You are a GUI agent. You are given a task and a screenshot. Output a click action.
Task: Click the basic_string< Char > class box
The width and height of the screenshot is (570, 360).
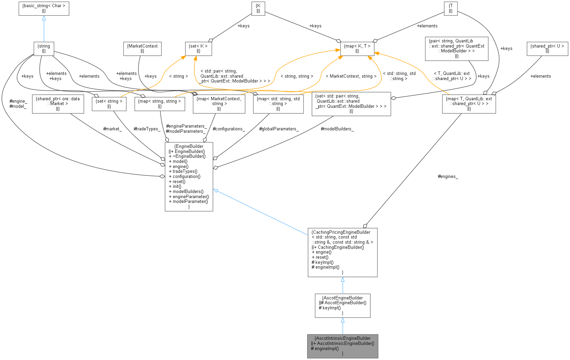pos(44,8)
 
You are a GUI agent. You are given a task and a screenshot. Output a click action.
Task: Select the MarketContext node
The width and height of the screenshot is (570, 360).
pos(142,49)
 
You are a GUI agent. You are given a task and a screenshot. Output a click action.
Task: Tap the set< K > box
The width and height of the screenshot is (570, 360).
pos(198,49)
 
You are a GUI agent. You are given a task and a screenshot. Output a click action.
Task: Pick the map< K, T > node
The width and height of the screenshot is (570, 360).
pos(357,49)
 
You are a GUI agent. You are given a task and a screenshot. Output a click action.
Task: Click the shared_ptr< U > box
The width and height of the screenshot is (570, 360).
pos(547,49)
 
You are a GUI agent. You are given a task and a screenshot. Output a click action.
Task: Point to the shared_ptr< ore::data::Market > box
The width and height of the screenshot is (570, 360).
pos(58,104)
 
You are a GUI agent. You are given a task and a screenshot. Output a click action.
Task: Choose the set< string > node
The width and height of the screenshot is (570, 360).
pos(109,104)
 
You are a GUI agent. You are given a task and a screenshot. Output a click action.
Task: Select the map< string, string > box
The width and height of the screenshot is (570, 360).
pos(159,104)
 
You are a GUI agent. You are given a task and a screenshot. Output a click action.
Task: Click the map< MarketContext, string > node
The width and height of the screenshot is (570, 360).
pos(219,104)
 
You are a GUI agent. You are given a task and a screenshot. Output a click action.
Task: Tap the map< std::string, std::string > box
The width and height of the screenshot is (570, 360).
pos(278,104)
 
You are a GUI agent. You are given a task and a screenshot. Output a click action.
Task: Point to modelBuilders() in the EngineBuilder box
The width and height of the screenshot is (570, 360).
pos(188,192)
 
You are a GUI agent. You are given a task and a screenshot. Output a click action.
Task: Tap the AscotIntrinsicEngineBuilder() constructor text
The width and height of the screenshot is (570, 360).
pos(345,343)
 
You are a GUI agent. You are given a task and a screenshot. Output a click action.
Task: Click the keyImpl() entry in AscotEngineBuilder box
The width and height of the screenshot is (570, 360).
pos(331,308)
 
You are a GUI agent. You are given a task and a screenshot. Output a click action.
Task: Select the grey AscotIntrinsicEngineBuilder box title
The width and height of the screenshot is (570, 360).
pos(342,338)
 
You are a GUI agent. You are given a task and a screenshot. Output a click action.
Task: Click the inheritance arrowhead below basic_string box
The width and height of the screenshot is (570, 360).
pos(44,18)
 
